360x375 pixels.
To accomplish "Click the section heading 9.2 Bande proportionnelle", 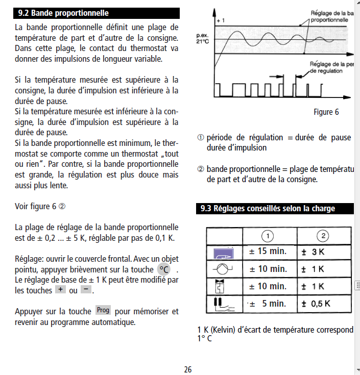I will pyautogui.click(x=63, y=13).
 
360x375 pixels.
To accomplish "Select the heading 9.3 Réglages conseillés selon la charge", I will pyautogui.click(x=268, y=208).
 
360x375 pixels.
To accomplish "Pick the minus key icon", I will pyautogui.click(x=86, y=289).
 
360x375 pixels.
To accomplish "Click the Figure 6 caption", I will pyautogui.click(x=326, y=112).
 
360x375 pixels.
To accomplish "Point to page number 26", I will pyautogui.click(x=188, y=369).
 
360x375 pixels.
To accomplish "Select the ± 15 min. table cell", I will pyautogui.click(x=268, y=252).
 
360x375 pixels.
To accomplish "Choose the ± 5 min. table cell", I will pyautogui.click(x=268, y=304).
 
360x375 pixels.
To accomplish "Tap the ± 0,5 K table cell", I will pyautogui.click(x=316, y=304).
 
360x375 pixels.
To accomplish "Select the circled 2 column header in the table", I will pyautogui.click(x=324, y=235).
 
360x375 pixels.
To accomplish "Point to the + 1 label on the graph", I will pyautogui.click(x=221, y=20).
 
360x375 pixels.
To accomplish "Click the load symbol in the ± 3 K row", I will pyautogui.click(x=224, y=252).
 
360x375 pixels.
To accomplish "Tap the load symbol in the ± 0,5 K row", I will pyautogui.click(x=224, y=304).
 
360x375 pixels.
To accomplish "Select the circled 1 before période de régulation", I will pyautogui.click(x=201, y=137).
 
